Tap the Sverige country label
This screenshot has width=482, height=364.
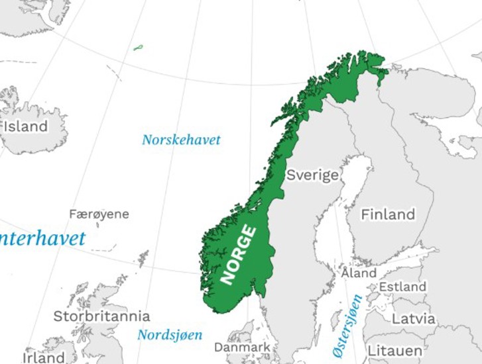pyautogui.click(x=312, y=175)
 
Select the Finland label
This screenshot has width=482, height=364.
pyautogui.click(x=388, y=214)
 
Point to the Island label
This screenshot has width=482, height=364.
pyautogui.click(x=25, y=126)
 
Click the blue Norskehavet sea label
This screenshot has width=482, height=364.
pyautogui.click(x=181, y=140)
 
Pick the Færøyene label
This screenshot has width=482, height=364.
pyautogui.click(x=99, y=214)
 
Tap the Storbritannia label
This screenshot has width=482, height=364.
pyautogui.click(x=101, y=316)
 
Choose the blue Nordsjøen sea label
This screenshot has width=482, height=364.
pyautogui.click(x=170, y=335)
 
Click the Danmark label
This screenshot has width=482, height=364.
pyautogui.click(x=242, y=347)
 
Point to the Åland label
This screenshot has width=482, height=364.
pyautogui.click(x=359, y=273)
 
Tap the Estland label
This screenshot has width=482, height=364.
pyautogui.click(x=402, y=287)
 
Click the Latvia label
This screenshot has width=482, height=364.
pyautogui.click(x=414, y=319)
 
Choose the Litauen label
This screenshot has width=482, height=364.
pyautogui.click(x=394, y=350)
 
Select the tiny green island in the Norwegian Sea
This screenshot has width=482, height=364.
pyautogui.click(x=138, y=48)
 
